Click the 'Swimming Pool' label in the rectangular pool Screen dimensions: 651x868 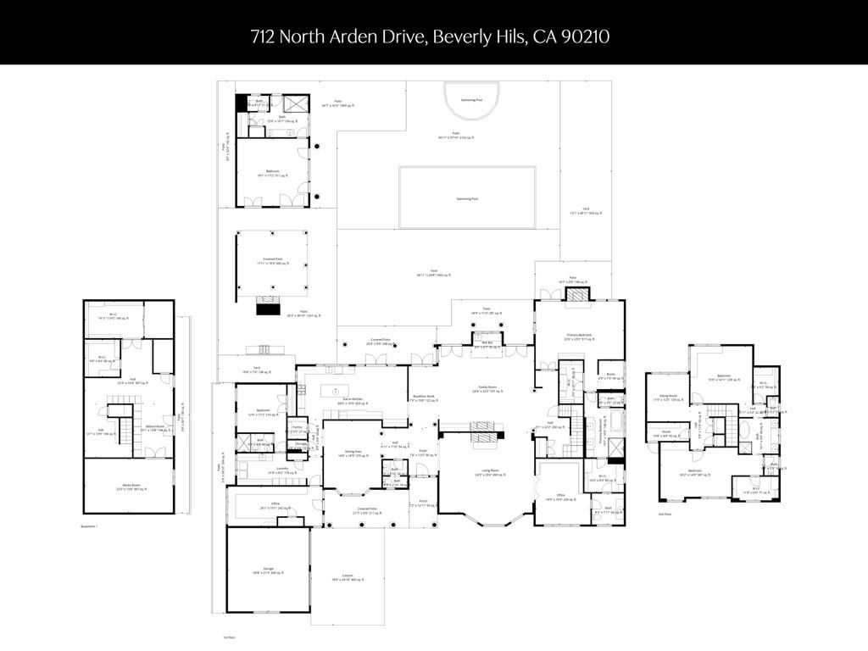(x=467, y=198)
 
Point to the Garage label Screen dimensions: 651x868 (x=268, y=569)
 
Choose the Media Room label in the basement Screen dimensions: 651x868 (x=131, y=486)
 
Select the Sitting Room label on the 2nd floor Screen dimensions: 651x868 (x=668, y=395)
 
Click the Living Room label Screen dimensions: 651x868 (x=484, y=470)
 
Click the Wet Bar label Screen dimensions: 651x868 (x=487, y=342)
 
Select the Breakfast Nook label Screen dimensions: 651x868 (x=424, y=396)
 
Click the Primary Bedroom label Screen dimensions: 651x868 (x=578, y=335)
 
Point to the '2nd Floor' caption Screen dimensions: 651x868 (x=665, y=514)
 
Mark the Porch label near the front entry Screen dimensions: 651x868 (x=423, y=502)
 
